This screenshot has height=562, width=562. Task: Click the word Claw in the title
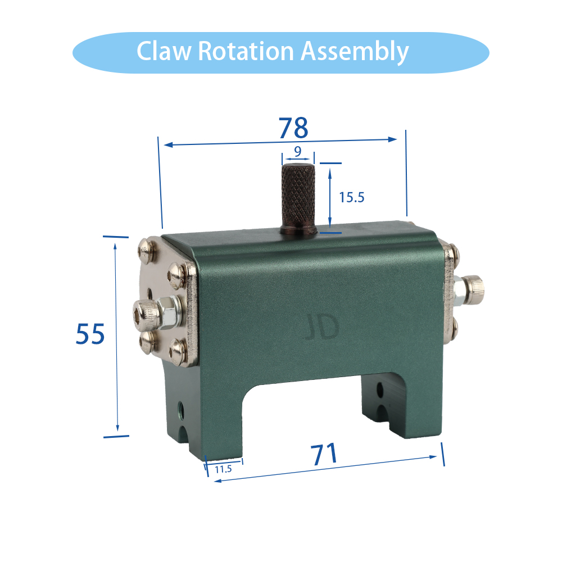(x=164, y=51)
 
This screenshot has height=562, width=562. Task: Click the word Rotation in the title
(x=246, y=51)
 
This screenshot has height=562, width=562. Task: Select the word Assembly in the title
(x=355, y=52)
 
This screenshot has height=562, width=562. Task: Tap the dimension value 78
(x=293, y=128)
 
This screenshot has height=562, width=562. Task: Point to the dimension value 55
(x=90, y=334)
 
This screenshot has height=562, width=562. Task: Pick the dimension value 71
(x=324, y=454)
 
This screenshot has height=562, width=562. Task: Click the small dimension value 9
(x=297, y=152)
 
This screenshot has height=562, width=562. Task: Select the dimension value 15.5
(x=352, y=197)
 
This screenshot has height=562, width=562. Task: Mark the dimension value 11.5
(x=223, y=469)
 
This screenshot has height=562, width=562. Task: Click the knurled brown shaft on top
(x=298, y=198)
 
